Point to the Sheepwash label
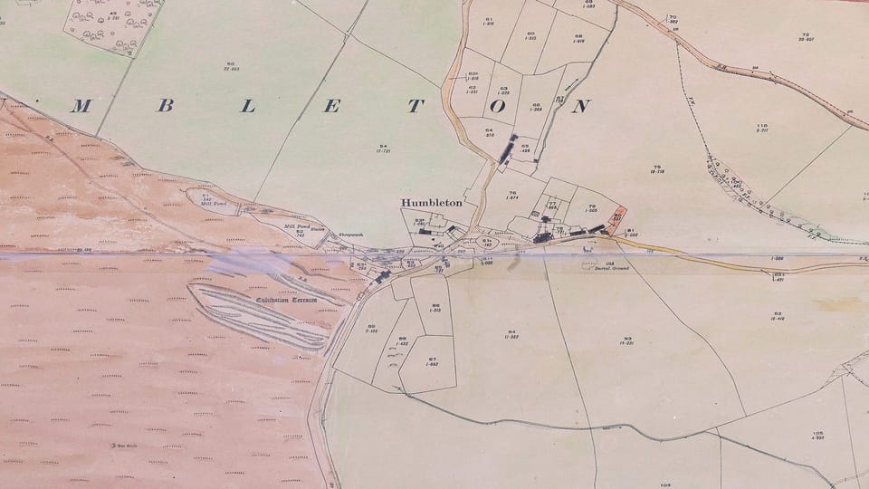pos(350,235)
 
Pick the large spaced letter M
pos(81,106)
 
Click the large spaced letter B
pos(165,106)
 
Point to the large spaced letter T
pos(415,106)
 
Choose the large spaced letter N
pos(582,106)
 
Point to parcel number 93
pos(626,339)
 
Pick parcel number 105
pos(817,433)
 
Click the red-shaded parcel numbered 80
pos(617,215)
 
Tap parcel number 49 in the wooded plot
pos(114,13)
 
